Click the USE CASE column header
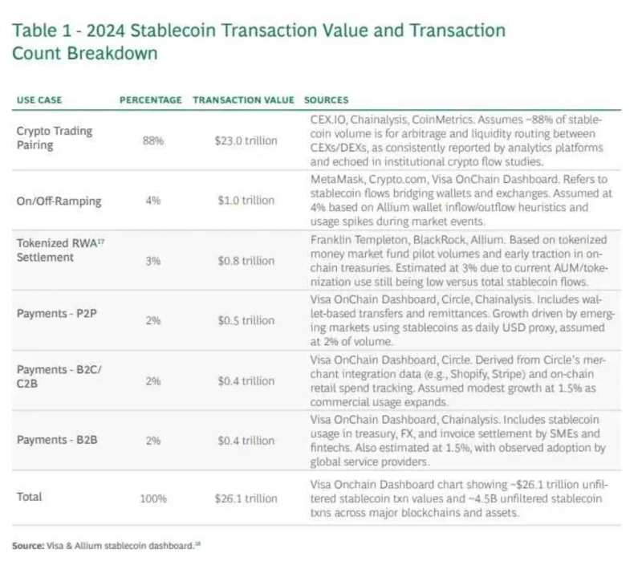(x=39, y=100)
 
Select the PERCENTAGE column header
(x=150, y=100)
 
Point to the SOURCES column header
(x=327, y=100)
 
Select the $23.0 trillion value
(x=246, y=140)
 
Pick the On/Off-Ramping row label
(x=59, y=201)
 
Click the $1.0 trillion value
(x=246, y=201)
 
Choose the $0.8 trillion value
(x=246, y=261)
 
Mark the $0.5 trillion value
(x=246, y=321)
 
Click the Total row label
(x=30, y=498)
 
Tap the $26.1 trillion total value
(x=246, y=498)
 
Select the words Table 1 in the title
(x=42, y=32)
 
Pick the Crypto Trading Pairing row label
(x=55, y=136)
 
